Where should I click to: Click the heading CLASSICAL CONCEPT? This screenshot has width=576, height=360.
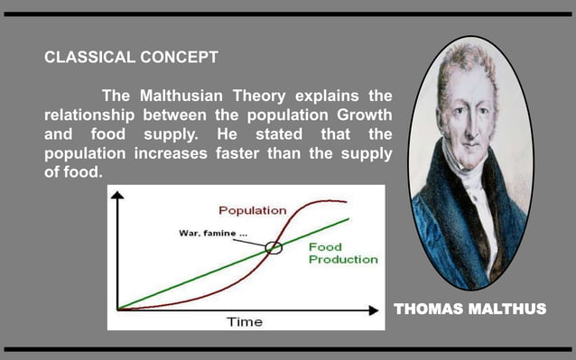(x=131, y=58)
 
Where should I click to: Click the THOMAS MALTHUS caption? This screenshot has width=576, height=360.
(x=469, y=309)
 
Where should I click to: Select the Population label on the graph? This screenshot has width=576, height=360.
(x=253, y=210)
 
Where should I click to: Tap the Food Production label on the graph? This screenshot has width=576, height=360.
(x=343, y=253)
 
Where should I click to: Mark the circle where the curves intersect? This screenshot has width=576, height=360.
(x=274, y=248)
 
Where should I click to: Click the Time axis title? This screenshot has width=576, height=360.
(x=244, y=321)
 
